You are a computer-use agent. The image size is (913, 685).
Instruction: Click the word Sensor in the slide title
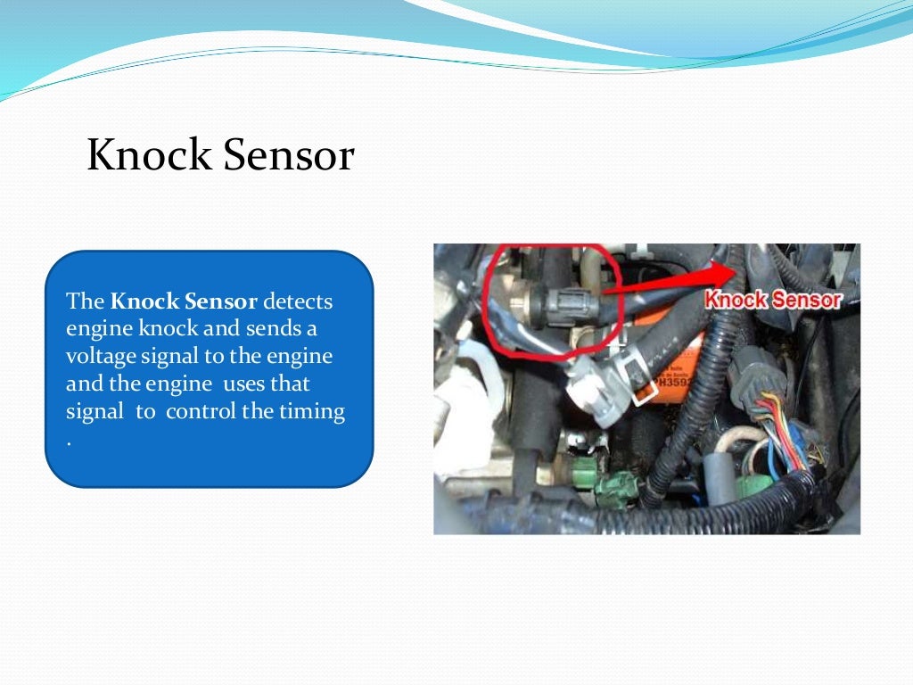point(288,156)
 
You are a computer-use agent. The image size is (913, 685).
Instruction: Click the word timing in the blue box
point(313,412)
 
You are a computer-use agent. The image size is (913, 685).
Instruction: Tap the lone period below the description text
point(69,440)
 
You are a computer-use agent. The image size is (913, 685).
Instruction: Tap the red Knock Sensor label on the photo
point(773,300)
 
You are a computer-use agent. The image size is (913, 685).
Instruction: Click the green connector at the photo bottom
point(615,485)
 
